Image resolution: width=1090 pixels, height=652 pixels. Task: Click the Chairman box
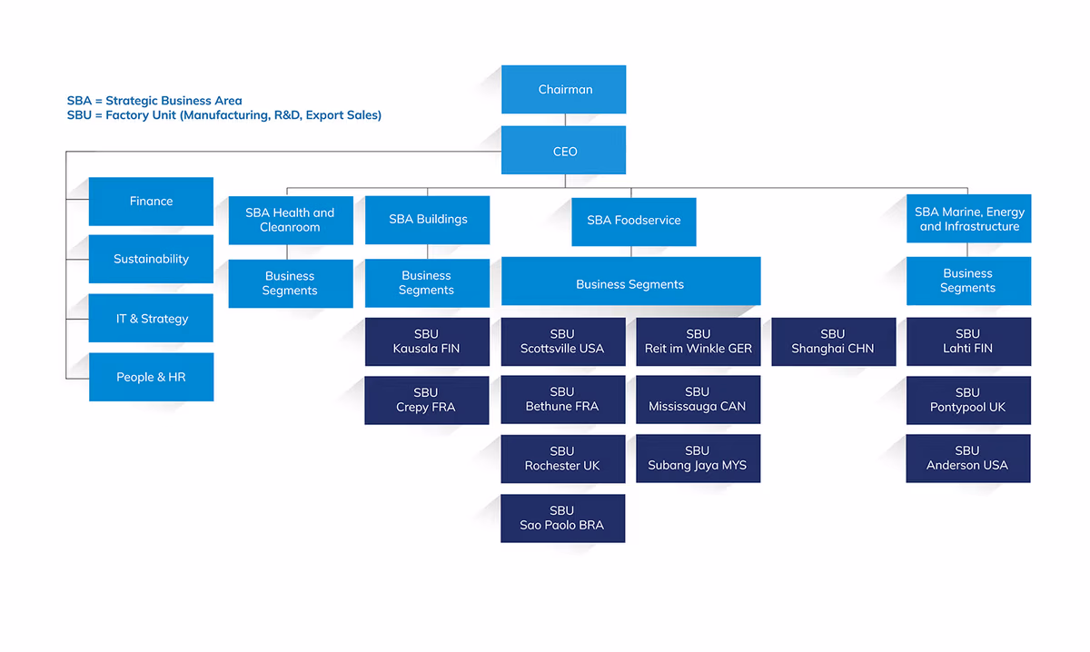point(563,90)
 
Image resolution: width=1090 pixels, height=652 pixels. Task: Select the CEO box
point(563,151)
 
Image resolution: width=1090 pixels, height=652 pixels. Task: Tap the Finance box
point(151,202)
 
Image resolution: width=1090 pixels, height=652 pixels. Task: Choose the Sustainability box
point(151,259)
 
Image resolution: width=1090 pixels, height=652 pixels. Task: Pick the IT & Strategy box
point(151,318)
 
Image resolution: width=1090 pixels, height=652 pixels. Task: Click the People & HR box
point(152,377)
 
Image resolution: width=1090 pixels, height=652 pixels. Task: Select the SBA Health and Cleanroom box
point(291,221)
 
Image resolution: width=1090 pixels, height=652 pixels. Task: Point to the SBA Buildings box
point(427,220)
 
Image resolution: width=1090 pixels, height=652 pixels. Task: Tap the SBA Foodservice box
point(634,222)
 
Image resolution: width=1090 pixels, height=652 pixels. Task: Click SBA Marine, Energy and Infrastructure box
point(969,219)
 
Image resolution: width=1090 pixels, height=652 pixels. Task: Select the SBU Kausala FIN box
point(427,341)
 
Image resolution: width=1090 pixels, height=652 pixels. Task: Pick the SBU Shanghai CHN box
point(834,341)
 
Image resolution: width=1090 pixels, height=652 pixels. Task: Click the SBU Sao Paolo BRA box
point(563,519)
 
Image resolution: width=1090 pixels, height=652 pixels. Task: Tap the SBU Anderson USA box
point(968,459)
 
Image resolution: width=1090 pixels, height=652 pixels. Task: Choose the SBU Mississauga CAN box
point(699,400)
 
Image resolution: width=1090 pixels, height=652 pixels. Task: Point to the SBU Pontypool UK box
point(969,400)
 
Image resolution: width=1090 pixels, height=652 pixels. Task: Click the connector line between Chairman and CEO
point(565,120)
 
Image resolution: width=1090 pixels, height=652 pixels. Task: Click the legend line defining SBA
point(154,101)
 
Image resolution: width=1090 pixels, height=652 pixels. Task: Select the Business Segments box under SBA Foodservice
point(631,282)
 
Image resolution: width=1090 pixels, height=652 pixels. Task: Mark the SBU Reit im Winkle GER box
point(699,341)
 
